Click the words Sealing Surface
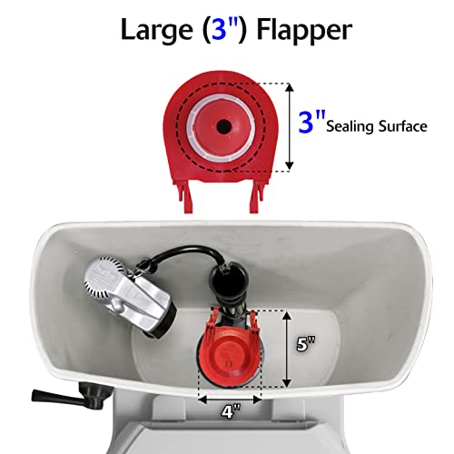[x=378, y=127]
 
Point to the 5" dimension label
[x=305, y=344]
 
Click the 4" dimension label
[x=231, y=410]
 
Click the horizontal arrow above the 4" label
[x=230, y=396]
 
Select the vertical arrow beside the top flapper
[x=290, y=126]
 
